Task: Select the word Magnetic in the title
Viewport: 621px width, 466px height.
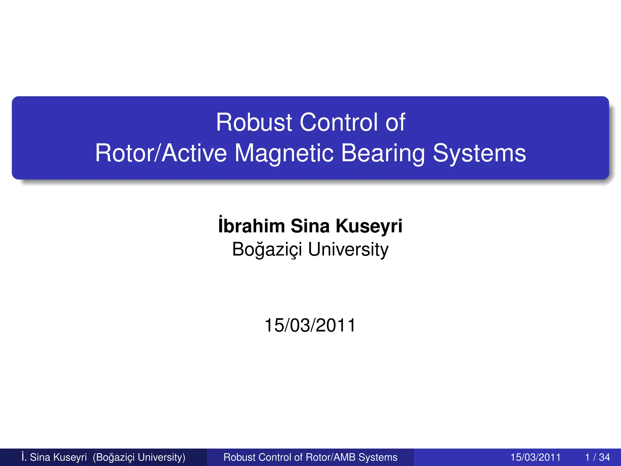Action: tap(284, 153)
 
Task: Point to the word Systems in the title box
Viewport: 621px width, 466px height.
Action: tap(479, 153)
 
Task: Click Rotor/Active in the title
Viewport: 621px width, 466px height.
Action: tap(161, 153)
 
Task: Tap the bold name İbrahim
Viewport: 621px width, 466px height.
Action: tap(251, 226)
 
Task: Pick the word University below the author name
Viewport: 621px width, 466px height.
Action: tap(348, 250)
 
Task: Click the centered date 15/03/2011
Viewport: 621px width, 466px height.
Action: tap(310, 325)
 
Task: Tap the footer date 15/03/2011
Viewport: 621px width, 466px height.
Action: tap(535, 457)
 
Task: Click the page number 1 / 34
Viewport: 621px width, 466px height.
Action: tap(597, 457)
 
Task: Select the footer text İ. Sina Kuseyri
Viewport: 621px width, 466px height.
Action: tap(54, 457)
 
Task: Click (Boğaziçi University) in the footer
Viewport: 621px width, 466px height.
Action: tap(139, 457)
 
